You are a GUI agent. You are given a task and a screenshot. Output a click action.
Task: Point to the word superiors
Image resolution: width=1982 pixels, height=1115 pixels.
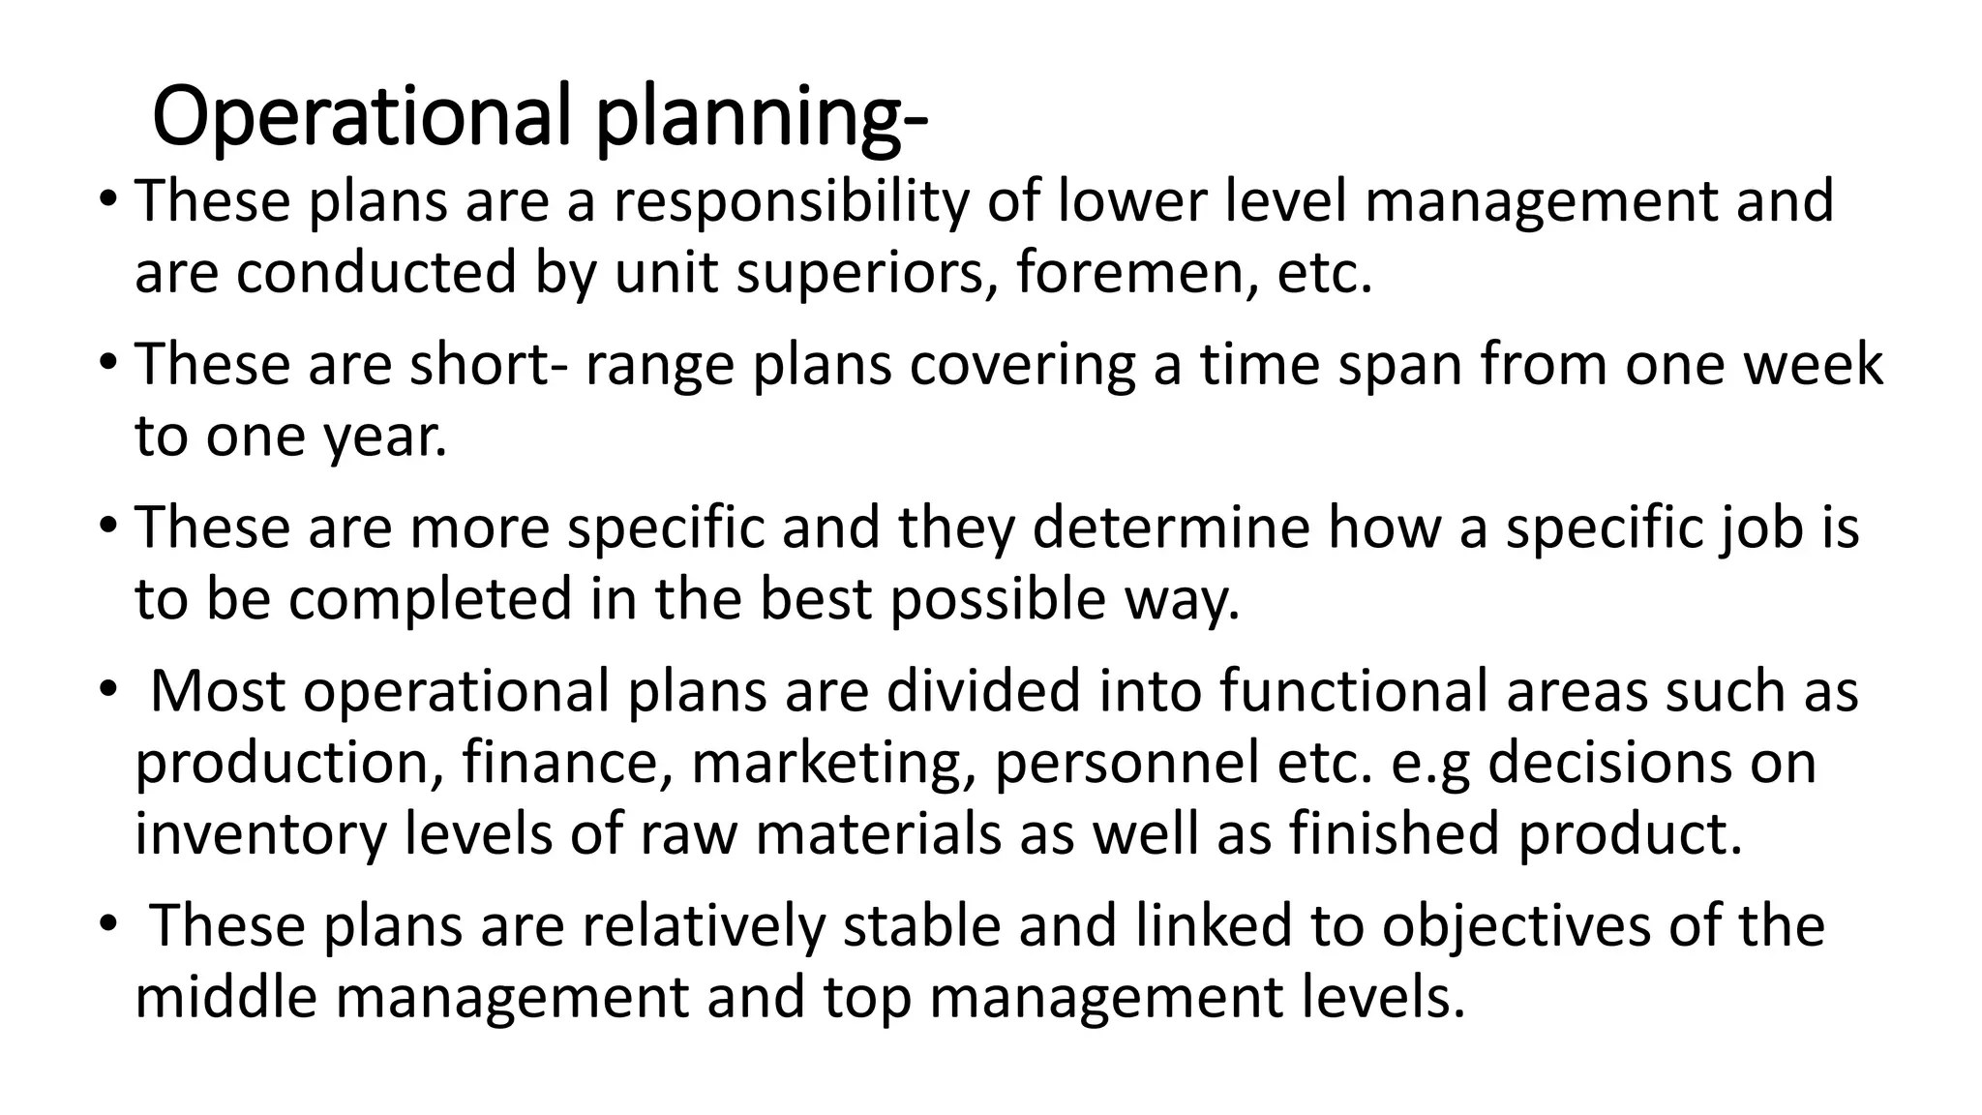868,274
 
